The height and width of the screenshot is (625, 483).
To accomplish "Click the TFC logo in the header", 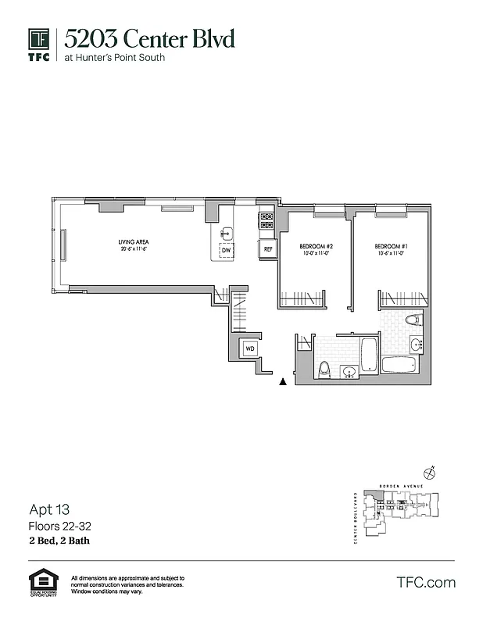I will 39,45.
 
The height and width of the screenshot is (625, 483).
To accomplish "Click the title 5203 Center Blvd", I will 148,38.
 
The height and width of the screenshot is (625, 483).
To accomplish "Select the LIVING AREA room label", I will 134,242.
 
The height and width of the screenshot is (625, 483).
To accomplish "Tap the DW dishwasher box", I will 226,251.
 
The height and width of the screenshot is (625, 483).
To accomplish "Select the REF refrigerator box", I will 267,249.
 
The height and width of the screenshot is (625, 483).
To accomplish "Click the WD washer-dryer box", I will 250,348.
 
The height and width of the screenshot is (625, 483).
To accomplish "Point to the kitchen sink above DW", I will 226,233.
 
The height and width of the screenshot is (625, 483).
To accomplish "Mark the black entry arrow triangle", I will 283,382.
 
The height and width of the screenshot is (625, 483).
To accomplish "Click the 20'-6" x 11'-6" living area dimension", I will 134,250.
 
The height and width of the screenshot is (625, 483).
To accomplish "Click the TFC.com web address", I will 426,583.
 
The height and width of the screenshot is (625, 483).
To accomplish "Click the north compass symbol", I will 428,472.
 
